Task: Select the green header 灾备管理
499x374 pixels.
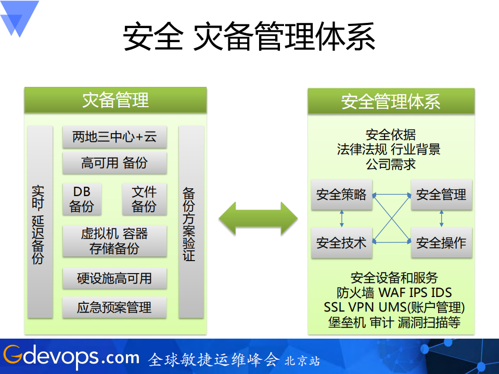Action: (116, 100)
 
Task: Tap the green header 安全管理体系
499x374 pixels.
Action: (391, 101)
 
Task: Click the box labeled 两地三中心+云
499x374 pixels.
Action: (114, 137)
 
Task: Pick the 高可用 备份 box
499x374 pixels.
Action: (114, 163)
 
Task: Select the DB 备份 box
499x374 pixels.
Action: (82, 199)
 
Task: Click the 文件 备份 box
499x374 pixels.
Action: (144, 199)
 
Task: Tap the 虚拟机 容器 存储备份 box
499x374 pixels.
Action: (114, 241)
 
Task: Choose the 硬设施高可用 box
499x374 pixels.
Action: (114, 278)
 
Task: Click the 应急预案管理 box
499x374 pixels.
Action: (114, 307)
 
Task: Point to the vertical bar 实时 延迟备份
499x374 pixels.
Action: (40, 222)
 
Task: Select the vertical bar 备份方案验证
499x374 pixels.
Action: (191, 222)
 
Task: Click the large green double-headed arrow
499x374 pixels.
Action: (258, 218)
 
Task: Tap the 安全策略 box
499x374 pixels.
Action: (341, 195)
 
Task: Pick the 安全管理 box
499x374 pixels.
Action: (441, 195)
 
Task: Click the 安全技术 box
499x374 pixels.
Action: (341, 242)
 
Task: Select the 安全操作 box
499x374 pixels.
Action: (441, 242)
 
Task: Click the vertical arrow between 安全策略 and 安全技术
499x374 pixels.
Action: (342, 218)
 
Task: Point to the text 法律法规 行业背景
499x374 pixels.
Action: (389, 150)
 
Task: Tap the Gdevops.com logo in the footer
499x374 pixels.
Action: (71, 357)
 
